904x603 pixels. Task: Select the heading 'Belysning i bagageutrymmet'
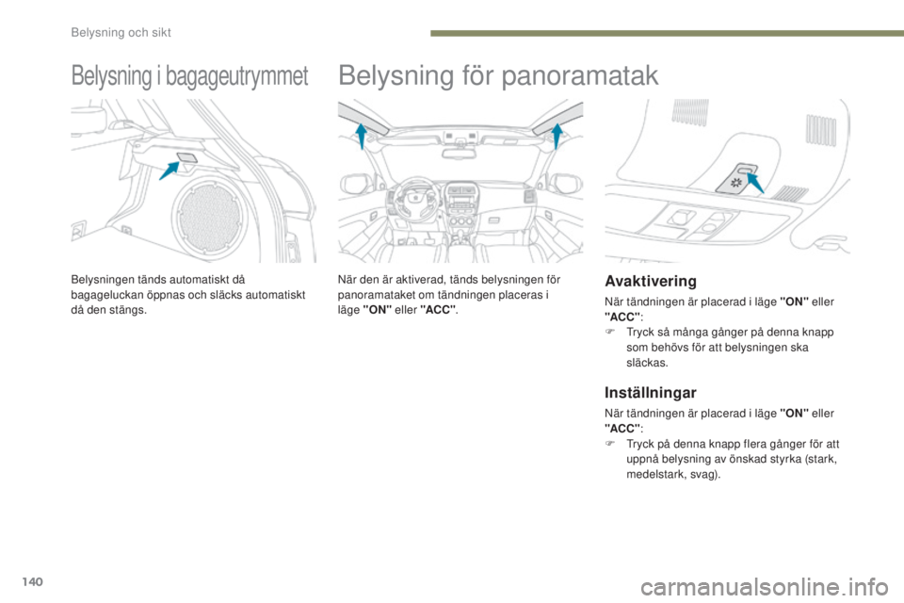188,76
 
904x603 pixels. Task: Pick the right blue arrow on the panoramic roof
557,136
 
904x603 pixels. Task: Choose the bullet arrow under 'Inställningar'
611,441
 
